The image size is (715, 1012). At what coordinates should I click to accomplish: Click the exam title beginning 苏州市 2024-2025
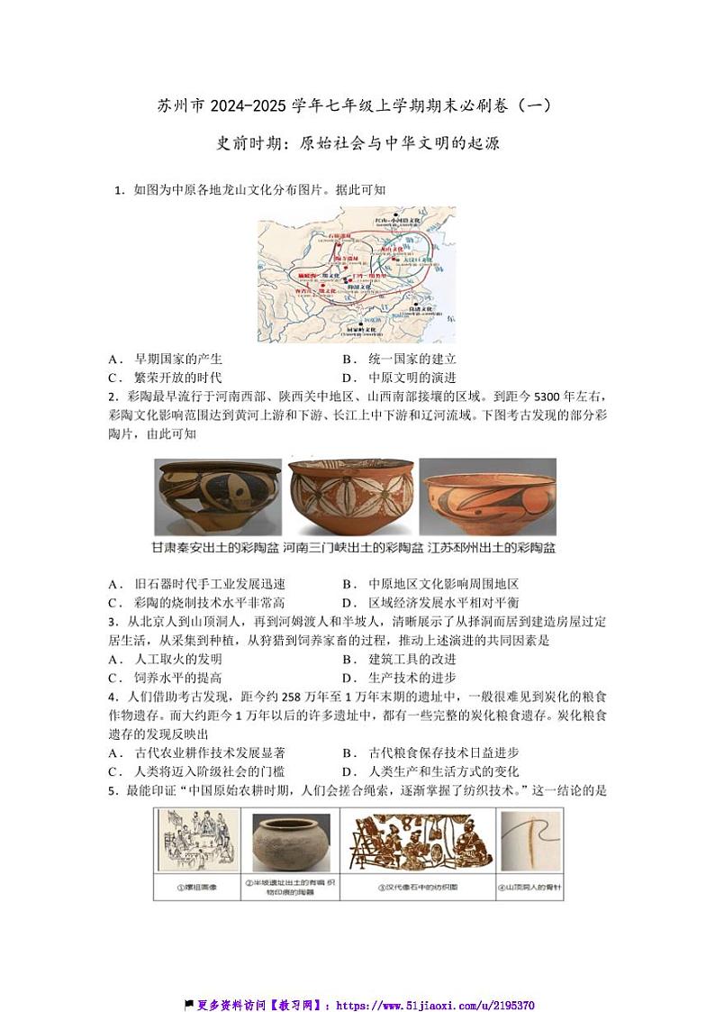pyautogui.click(x=357, y=106)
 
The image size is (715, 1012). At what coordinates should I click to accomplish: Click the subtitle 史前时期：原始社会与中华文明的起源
pyautogui.click(x=357, y=143)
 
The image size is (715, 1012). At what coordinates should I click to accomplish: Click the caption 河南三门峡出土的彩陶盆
pyautogui.click(x=353, y=547)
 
